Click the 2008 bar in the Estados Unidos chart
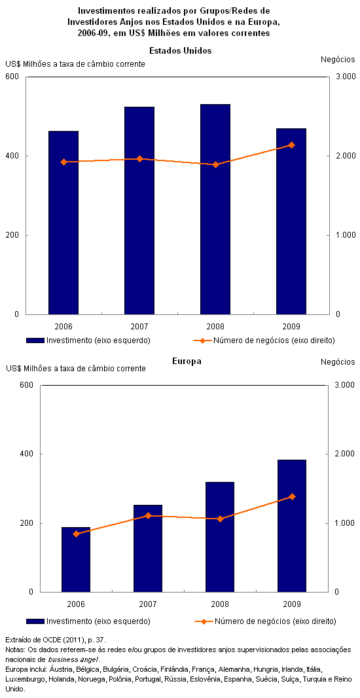tap(215, 210)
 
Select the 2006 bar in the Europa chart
tap(76, 560)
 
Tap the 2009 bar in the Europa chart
tap(292, 526)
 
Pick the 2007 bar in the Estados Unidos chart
tap(139, 211)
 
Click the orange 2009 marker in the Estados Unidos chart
tap(291, 145)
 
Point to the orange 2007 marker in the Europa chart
tap(148, 515)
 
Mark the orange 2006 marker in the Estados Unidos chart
tap(63, 162)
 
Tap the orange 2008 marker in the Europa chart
tap(220, 519)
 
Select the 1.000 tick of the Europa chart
tap(344, 523)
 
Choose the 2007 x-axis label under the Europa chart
tap(148, 604)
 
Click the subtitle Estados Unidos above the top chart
tap(180, 51)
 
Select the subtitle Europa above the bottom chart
tap(187, 361)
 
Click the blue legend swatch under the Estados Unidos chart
tap(35, 340)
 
